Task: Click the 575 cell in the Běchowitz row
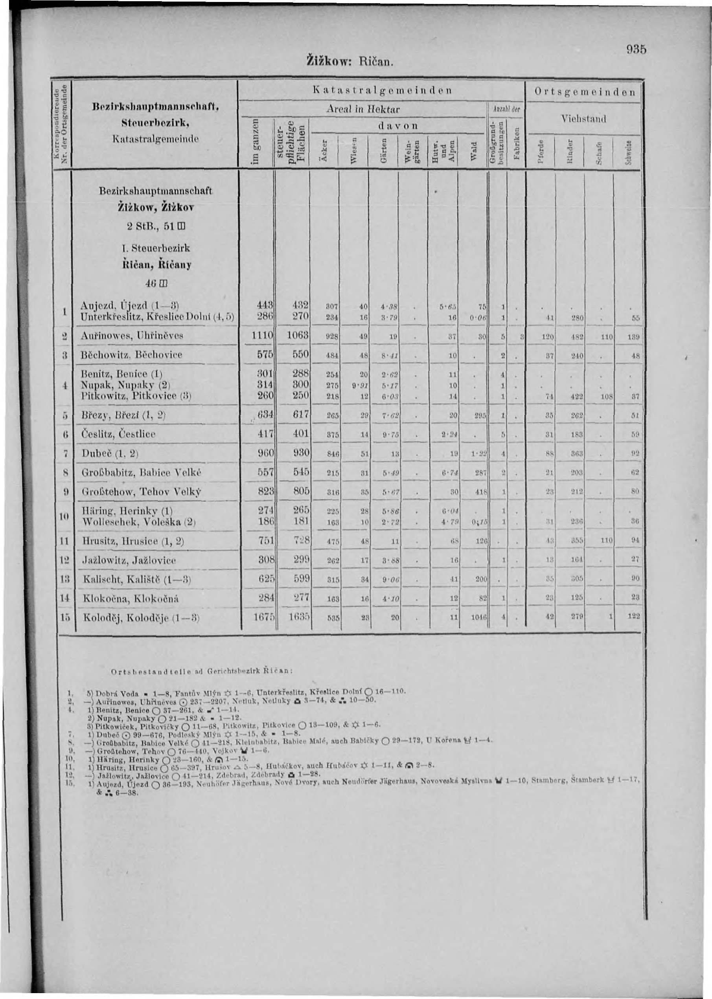point(265,355)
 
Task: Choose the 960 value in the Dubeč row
point(265,453)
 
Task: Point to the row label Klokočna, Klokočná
point(130,599)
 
